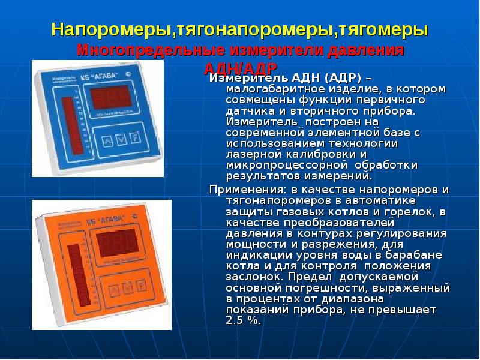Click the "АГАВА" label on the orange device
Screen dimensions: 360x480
tap(113, 220)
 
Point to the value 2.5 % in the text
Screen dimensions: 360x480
tap(244, 321)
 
